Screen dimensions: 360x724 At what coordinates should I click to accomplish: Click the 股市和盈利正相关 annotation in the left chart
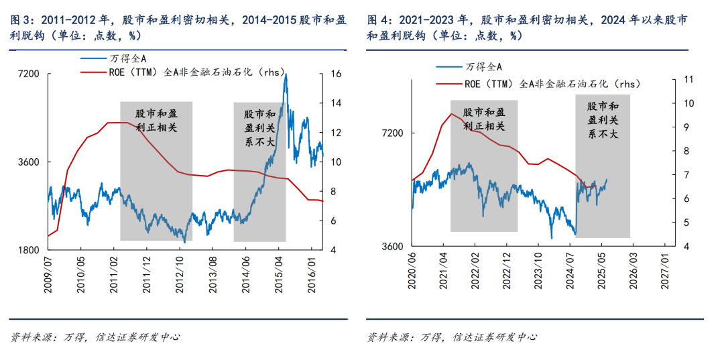[x=156, y=121]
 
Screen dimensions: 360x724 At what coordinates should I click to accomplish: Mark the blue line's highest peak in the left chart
[x=286, y=74]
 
